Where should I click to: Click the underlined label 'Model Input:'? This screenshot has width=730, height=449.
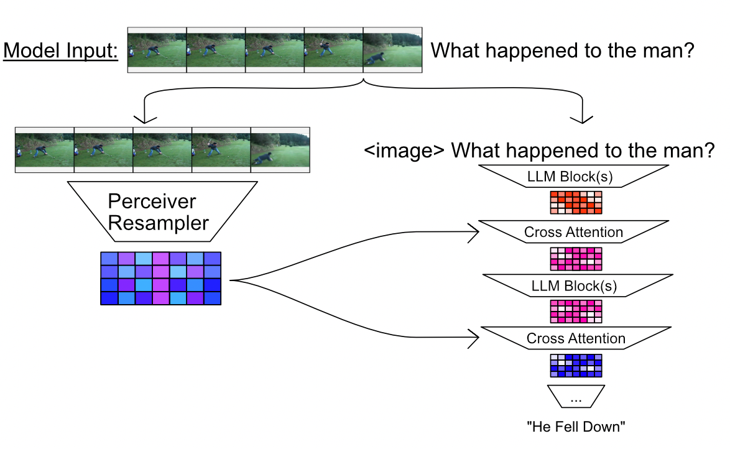coord(60,51)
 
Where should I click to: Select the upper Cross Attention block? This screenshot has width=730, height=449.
coord(573,232)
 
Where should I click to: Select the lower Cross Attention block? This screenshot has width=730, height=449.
coord(575,338)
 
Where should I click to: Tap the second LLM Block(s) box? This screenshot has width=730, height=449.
coord(574,285)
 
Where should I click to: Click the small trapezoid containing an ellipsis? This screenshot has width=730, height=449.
coord(576,397)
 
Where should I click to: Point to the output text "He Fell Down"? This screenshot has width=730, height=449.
coord(576,427)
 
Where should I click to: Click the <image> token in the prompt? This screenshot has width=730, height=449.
coord(404,150)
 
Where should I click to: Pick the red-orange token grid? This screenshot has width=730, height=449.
coord(576,203)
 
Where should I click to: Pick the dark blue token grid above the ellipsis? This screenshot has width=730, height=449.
coord(576,365)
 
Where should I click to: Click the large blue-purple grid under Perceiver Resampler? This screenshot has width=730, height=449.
coord(161,278)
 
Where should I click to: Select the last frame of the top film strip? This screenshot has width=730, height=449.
coord(392,50)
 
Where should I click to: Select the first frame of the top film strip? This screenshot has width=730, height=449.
coord(157,50)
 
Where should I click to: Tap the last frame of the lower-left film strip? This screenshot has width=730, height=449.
coord(280,149)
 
